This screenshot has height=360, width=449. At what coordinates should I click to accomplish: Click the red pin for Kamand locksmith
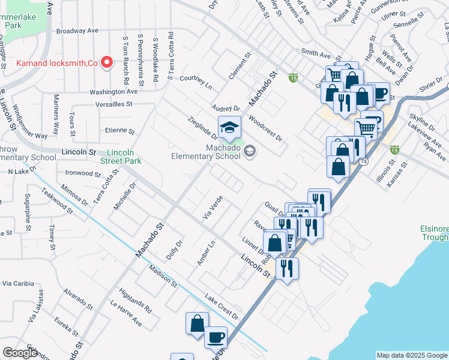click(x=107, y=62)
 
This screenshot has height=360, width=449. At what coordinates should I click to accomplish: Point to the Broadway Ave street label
click(x=77, y=31)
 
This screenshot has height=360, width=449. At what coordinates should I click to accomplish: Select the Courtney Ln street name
click(x=196, y=82)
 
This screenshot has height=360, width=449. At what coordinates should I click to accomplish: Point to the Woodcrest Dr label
click(x=265, y=128)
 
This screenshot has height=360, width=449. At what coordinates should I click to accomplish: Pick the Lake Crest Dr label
click(x=221, y=307)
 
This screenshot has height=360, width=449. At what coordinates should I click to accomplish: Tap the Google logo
click(x=20, y=353)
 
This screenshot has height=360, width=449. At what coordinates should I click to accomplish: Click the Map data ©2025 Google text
click(x=411, y=355)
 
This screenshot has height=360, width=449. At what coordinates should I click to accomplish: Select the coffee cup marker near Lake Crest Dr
click(x=215, y=337)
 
